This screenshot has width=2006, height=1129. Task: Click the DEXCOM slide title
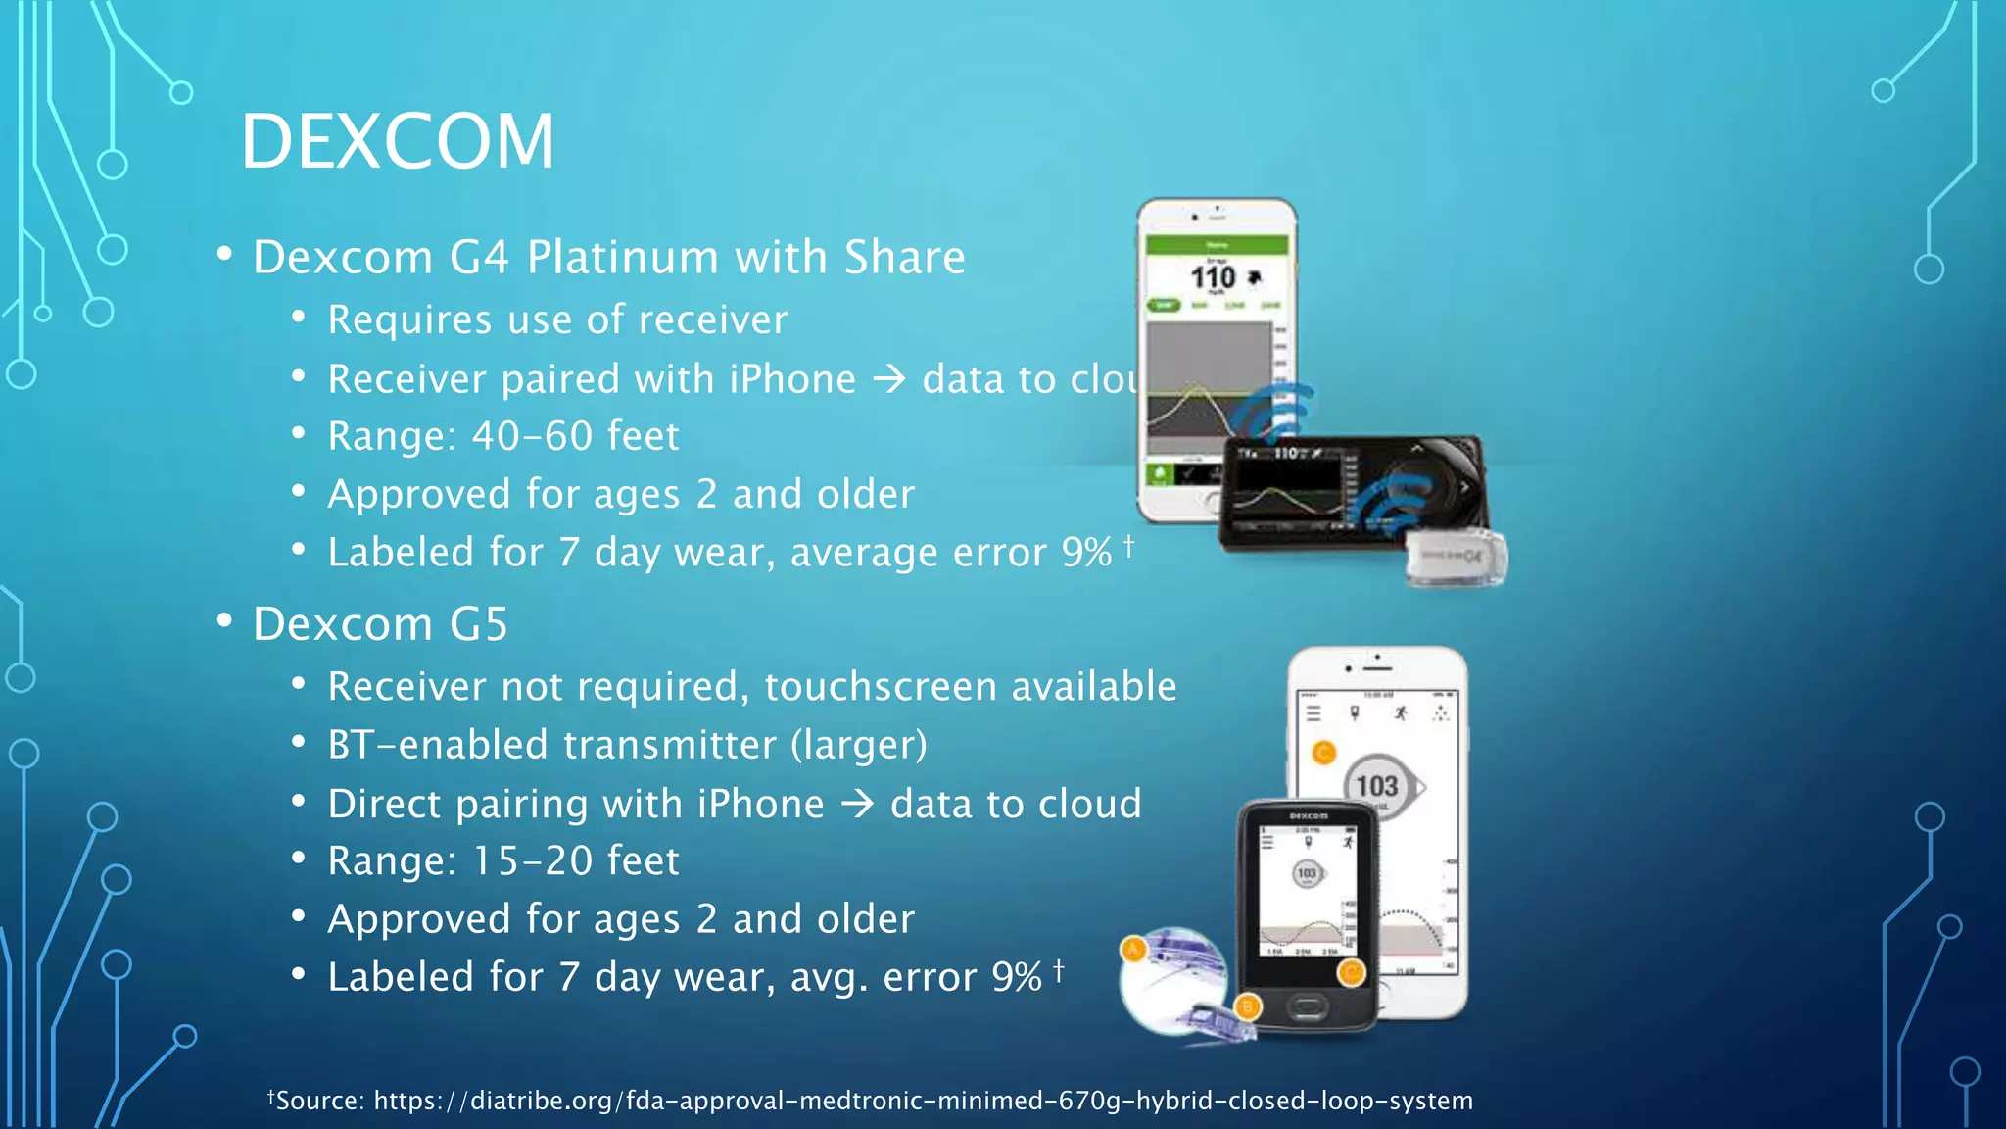pyautogui.click(x=397, y=141)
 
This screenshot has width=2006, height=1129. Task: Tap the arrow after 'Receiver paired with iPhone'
pyautogui.click(x=888, y=379)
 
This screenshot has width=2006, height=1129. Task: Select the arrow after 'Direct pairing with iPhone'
pyautogui.click(x=857, y=805)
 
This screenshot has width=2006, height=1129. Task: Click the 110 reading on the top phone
pyautogui.click(x=1213, y=277)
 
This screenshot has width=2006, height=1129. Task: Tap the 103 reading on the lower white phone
pyautogui.click(x=1377, y=786)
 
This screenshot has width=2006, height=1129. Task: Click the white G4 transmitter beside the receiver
pyautogui.click(x=1457, y=559)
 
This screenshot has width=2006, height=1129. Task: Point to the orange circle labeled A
pyautogui.click(x=1133, y=949)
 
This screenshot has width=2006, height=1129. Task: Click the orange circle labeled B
pyautogui.click(x=1247, y=1006)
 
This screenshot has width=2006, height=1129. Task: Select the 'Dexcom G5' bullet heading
pyautogui.click(x=380, y=624)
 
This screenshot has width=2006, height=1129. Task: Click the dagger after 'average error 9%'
pyautogui.click(x=1128, y=545)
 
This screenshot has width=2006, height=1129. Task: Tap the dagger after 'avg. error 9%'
pyautogui.click(x=1058, y=970)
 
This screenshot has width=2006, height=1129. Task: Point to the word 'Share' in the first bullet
pyautogui.click(x=904, y=258)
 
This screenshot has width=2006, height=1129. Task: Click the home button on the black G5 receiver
pyautogui.click(x=1307, y=1006)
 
